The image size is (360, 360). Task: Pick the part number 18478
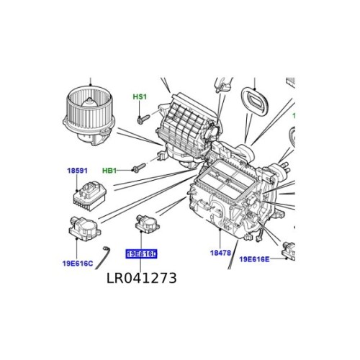[220, 253]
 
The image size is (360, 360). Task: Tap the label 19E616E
[254, 259]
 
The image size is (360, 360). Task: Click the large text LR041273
[140, 276]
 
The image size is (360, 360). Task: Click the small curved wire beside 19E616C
[107, 253]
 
